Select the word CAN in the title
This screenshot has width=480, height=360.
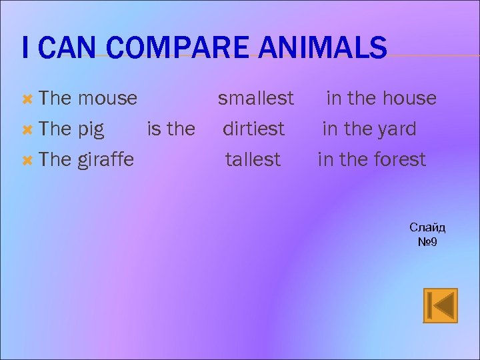click(62, 49)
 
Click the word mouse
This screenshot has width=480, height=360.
click(107, 99)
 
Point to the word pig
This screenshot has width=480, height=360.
click(91, 129)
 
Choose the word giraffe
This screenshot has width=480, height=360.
click(105, 160)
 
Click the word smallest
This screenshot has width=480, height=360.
click(256, 99)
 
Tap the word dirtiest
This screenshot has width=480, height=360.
click(253, 129)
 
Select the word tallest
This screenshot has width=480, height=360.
click(253, 160)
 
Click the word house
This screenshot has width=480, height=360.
click(409, 99)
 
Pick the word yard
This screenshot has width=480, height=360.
click(398, 129)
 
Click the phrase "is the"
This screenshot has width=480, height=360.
click(171, 129)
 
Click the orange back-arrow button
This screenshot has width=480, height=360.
click(440, 305)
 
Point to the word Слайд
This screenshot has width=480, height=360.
click(427, 227)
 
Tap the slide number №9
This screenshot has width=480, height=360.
click(427, 241)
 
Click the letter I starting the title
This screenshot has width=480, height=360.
click(25, 49)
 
